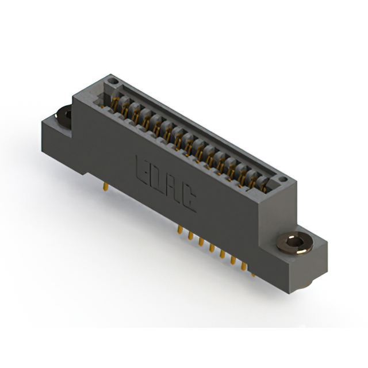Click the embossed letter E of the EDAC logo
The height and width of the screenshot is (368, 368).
[142, 167]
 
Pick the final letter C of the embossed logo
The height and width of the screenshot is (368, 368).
[187, 202]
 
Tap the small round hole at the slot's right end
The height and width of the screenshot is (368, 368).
[282, 182]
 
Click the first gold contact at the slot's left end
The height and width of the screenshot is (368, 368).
[115, 103]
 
